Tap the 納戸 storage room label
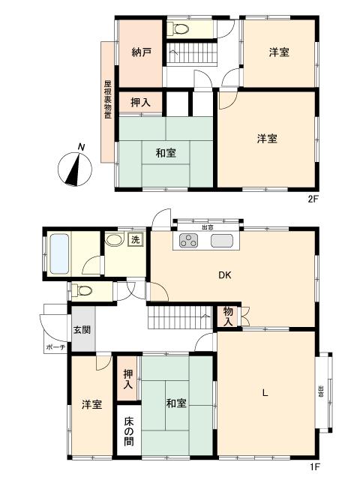pos(142,52)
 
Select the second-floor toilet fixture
pos(181,29)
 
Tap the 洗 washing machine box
pos(135,241)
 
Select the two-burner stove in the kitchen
pos(187,241)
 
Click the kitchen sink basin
pos(222,241)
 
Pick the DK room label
pos(224,275)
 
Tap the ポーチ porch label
pos(55,347)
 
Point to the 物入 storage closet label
pos(228,316)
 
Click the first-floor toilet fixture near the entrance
pos(84,290)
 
